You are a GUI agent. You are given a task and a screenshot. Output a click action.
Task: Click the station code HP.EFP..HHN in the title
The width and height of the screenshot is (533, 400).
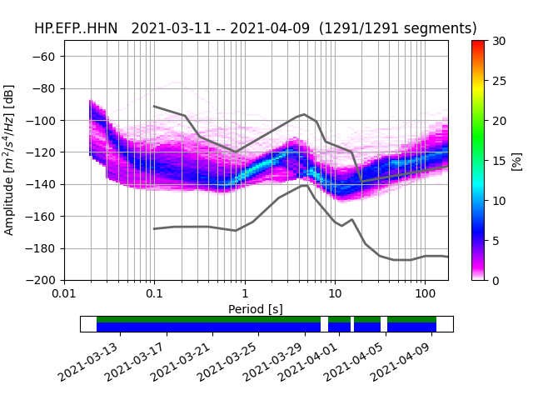click(x=77, y=28)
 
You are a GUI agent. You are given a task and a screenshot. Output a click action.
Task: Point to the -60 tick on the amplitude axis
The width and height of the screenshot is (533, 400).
click(x=47, y=57)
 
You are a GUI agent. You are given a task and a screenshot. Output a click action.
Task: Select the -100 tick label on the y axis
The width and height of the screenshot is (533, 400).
click(x=44, y=121)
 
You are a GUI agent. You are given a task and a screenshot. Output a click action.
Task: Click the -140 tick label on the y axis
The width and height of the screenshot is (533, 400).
click(x=44, y=184)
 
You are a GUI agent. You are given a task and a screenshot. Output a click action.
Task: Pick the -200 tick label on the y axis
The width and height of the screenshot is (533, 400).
click(x=44, y=281)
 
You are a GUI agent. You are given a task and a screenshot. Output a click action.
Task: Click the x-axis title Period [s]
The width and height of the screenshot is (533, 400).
click(x=256, y=309)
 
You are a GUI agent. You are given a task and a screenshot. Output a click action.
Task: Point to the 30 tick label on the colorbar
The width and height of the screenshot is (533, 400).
click(x=497, y=41)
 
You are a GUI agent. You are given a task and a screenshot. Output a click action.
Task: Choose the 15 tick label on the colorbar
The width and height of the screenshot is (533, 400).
click(x=497, y=161)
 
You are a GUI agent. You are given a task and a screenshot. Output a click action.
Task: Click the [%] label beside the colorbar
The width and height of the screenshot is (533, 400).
click(x=517, y=160)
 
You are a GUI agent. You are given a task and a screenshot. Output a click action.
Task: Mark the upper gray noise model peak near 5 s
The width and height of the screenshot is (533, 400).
click(x=304, y=114)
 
